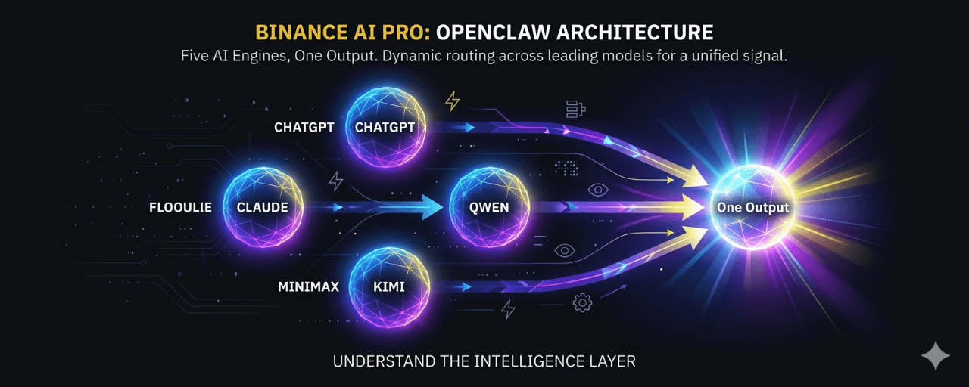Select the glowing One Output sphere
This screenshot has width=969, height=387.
(x=752, y=207)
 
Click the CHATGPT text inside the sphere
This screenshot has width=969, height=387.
(x=385, y=127)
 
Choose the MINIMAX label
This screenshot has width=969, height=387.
(x=307, y=287)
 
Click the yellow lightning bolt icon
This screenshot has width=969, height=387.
(x=452, y=101)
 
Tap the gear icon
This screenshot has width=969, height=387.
(x=581, y=303)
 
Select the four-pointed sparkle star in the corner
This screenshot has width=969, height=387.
(x=935, y=355)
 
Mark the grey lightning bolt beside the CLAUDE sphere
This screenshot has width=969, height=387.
(x=335, y=181)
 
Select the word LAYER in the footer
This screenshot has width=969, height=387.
(x=612, y=361)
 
